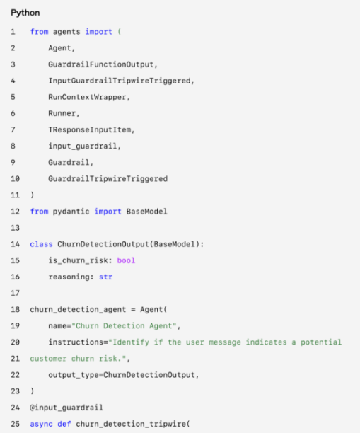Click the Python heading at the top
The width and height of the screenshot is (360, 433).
25,13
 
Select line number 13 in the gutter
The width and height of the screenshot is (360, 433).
15,228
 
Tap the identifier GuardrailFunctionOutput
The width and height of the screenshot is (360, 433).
100,64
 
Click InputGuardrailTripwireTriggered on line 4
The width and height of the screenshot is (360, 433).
120,81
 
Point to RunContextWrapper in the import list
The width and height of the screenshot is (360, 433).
87,97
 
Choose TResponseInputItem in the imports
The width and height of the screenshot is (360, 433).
89,129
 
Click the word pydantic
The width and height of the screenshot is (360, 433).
71,212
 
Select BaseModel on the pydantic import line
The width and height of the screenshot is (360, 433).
147,212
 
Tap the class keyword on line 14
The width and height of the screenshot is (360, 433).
41,244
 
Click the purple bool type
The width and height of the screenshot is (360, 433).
126,260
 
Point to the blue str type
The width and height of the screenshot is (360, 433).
105,277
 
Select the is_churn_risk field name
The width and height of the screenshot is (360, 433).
78,260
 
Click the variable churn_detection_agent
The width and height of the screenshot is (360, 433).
78,310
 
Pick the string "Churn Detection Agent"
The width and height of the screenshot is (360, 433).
124,326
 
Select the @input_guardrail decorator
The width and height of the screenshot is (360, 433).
66,408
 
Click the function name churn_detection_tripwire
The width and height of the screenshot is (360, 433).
131,424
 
